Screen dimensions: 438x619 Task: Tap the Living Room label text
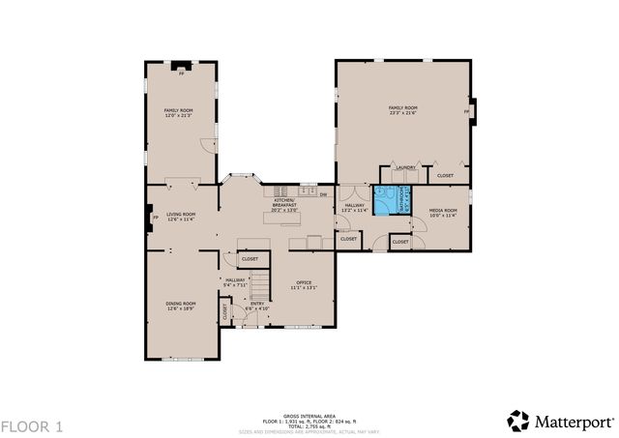point(180,217)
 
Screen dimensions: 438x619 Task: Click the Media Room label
point(442,212)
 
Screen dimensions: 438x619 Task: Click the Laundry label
point(404,168)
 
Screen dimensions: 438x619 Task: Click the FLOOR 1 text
point(32,425)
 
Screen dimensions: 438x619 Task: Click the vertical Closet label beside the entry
point(225,312)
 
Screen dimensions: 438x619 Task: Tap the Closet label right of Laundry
point(445,176)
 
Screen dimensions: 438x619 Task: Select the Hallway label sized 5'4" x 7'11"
point(236,282)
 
